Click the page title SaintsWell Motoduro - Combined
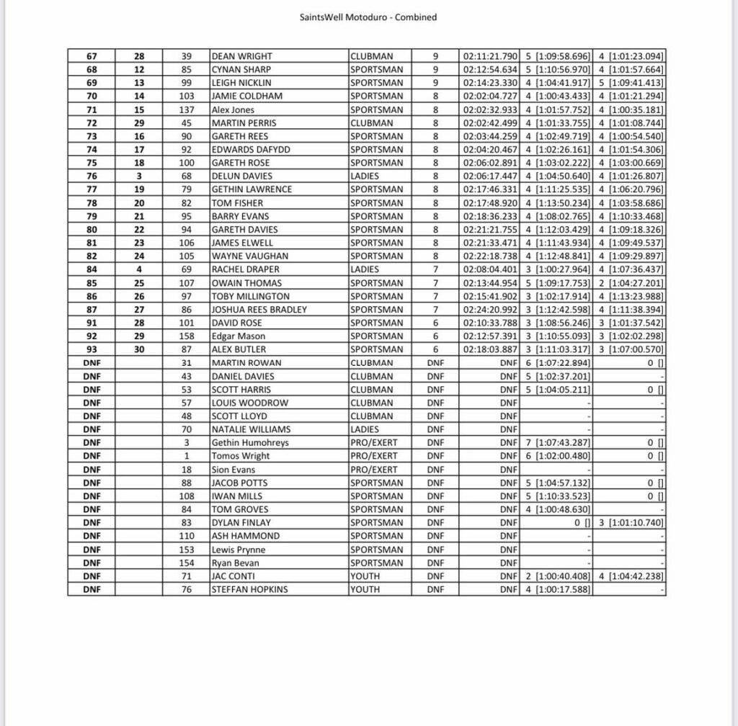click(x=368, y=17)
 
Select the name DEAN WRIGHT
click(x=241, y=56)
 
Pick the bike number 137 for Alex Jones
click(x=187, y=109)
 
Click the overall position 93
click(x=92, y=349)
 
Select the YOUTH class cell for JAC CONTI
click(x=365, y=576)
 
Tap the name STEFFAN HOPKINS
click(x=249, y=590)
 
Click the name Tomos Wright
click(x=241, y=456)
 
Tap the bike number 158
click(x=187, y=336)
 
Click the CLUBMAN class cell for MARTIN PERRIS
click(x=373, y=123)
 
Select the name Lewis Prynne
click(x=239, y=550)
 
